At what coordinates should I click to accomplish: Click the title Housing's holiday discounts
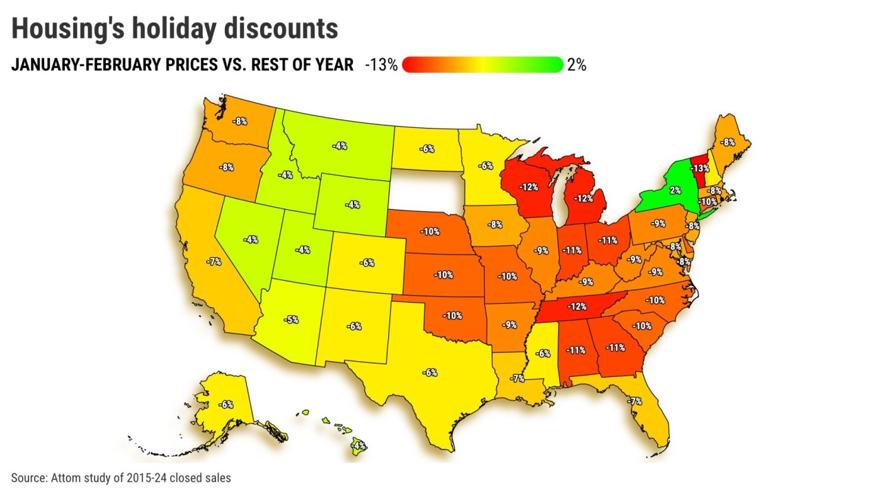click(175, 29)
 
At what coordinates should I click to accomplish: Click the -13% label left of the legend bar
click(381, 65)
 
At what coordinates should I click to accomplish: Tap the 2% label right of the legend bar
click(576, 65)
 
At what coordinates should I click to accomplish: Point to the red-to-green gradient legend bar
click(482, 65)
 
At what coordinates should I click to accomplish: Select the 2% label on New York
click(675, 190)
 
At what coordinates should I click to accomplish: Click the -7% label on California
click(214, 261)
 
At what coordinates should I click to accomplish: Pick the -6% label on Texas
click(430, 372)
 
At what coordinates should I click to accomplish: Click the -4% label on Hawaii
click(358, 446)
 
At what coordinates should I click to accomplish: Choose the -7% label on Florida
click(634, 401)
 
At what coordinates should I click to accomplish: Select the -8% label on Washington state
click(239, 121)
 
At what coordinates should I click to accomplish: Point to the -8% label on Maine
click(728, 142)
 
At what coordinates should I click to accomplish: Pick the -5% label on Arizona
click(290, 320)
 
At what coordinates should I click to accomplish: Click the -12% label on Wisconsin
click(528, 187)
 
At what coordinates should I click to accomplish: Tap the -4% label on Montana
click(340, 146)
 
